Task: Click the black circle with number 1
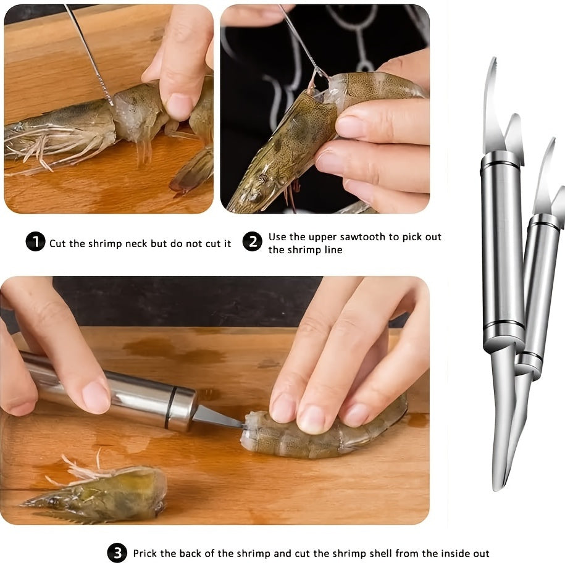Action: pos(35,241)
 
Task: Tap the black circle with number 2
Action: pos(252,241)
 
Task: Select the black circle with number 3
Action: pos(117,553)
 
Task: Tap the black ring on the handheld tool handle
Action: pos(170,408)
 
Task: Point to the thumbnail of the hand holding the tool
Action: pos(96,396)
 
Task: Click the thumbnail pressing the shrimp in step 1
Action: pos(179,105)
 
